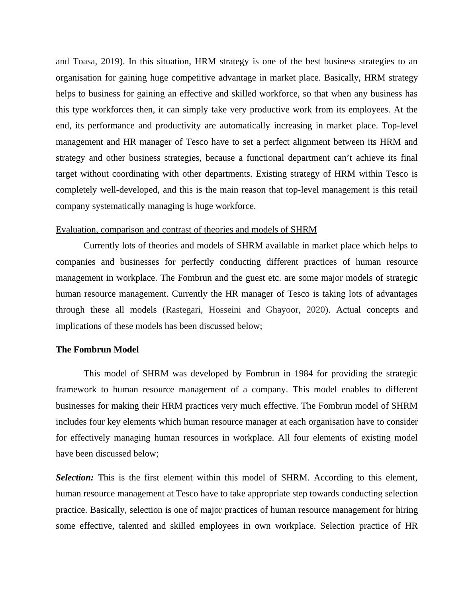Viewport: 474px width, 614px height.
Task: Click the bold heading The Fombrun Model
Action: click(97, 350)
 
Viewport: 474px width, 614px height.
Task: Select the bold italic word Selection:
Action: click(75, 478)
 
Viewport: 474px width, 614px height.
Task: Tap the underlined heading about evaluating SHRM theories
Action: click(186, 230)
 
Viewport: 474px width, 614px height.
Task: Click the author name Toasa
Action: click(84, 61)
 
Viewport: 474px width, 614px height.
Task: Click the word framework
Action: click(76, 390)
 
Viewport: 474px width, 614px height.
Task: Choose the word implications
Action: click(79, 326)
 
